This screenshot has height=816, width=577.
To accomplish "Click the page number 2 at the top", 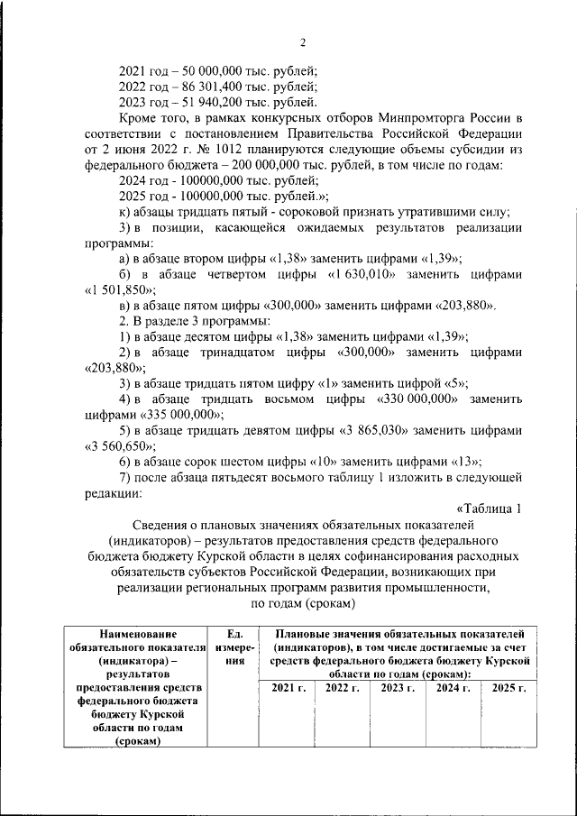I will [x=303, y=42].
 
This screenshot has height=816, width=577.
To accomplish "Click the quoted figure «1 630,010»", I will [x=343, y=274].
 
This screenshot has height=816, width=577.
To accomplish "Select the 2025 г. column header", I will [x=508, y=688].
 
